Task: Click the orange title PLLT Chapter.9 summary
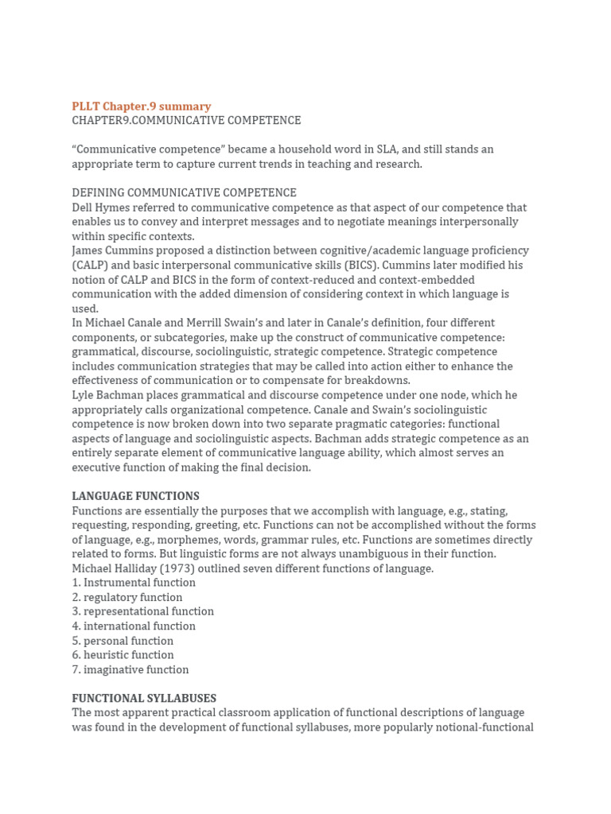141,107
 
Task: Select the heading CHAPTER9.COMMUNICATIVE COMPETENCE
186,121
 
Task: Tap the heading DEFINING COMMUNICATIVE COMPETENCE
184,193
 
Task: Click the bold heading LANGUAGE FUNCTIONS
135,496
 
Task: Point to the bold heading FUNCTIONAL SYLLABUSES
144,699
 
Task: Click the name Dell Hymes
99,207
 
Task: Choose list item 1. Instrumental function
134,583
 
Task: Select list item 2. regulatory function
127,597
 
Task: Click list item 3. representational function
142,611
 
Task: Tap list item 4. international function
134,626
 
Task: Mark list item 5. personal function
123,641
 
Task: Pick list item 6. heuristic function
123,655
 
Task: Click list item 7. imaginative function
130,669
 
